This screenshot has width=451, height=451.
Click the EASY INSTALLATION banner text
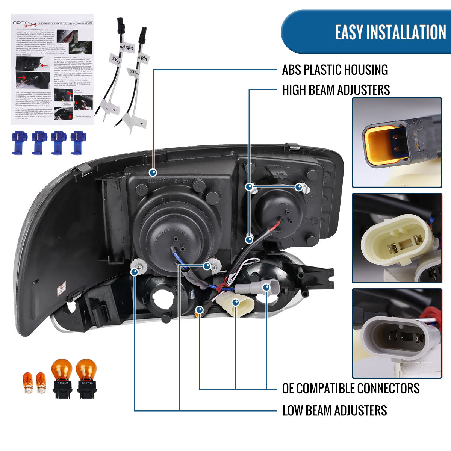click(x=390, y=32)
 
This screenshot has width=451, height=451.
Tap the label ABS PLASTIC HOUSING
click(x=335, y=70)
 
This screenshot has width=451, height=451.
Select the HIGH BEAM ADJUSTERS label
click(x=336, y=90)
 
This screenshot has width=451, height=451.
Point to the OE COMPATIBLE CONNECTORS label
click(x=351, y=388)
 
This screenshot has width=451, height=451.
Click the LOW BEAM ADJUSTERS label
click(x=334, y=410)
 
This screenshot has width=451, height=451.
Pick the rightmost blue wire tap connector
click(x=78, y=142)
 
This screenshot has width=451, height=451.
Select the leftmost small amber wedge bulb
click(x=28, y=383)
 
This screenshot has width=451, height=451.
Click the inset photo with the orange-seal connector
click(x=397, y=142)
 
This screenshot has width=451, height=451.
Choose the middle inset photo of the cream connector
click(x=397, y=238)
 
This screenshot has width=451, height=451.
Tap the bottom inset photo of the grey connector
click(x=397, y=333)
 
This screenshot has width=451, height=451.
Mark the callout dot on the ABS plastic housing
click(x=153, y=173)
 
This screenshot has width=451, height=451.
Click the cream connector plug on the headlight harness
click(x=232, y=303)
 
